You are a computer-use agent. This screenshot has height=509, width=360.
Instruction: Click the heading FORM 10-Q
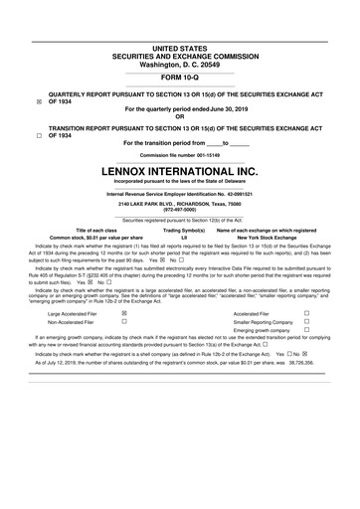(x=180, y=79)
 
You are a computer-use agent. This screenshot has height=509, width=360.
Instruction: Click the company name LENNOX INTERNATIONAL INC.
(x=180, y=172)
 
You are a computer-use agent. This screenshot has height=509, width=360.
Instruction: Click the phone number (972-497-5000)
(x=180, y=211)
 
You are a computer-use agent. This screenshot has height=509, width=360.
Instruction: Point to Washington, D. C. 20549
(x=180, y=63)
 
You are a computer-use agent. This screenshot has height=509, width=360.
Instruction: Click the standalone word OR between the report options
(x=180, y=118)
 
